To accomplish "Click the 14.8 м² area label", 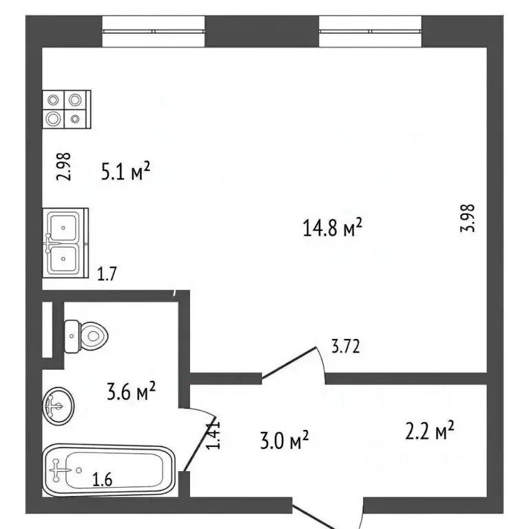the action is click(x=332, y=227).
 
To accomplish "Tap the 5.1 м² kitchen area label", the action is click(x=125, y=171).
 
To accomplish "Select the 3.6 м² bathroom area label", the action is click(x=132, y=391).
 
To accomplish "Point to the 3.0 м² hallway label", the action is click(x=284, y=440).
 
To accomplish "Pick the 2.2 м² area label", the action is click(x=430, y=430).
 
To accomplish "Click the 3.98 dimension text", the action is click(x=468, y=218).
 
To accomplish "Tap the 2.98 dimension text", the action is click(x=63, y=167).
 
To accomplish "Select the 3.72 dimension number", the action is click(x=346, y=346).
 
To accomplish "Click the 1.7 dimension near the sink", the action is click(x=107, y=273).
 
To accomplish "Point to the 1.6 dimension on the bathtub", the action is click(x=102, y=479).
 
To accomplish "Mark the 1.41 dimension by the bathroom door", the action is click(x=214, y=435).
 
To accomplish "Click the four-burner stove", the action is click(x=67, y=110).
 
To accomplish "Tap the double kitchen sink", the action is click(x=65, y=243).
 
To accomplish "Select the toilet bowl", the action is click(x=85, y=336).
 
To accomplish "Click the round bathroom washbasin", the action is click(x=59, y=406).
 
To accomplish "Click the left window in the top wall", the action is click(x=154, y=32).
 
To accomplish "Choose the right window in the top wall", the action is click(x=371, y=32).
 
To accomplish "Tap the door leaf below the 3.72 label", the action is click(x=289, y=362).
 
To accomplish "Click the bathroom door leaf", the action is click(x=199, y=443).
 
